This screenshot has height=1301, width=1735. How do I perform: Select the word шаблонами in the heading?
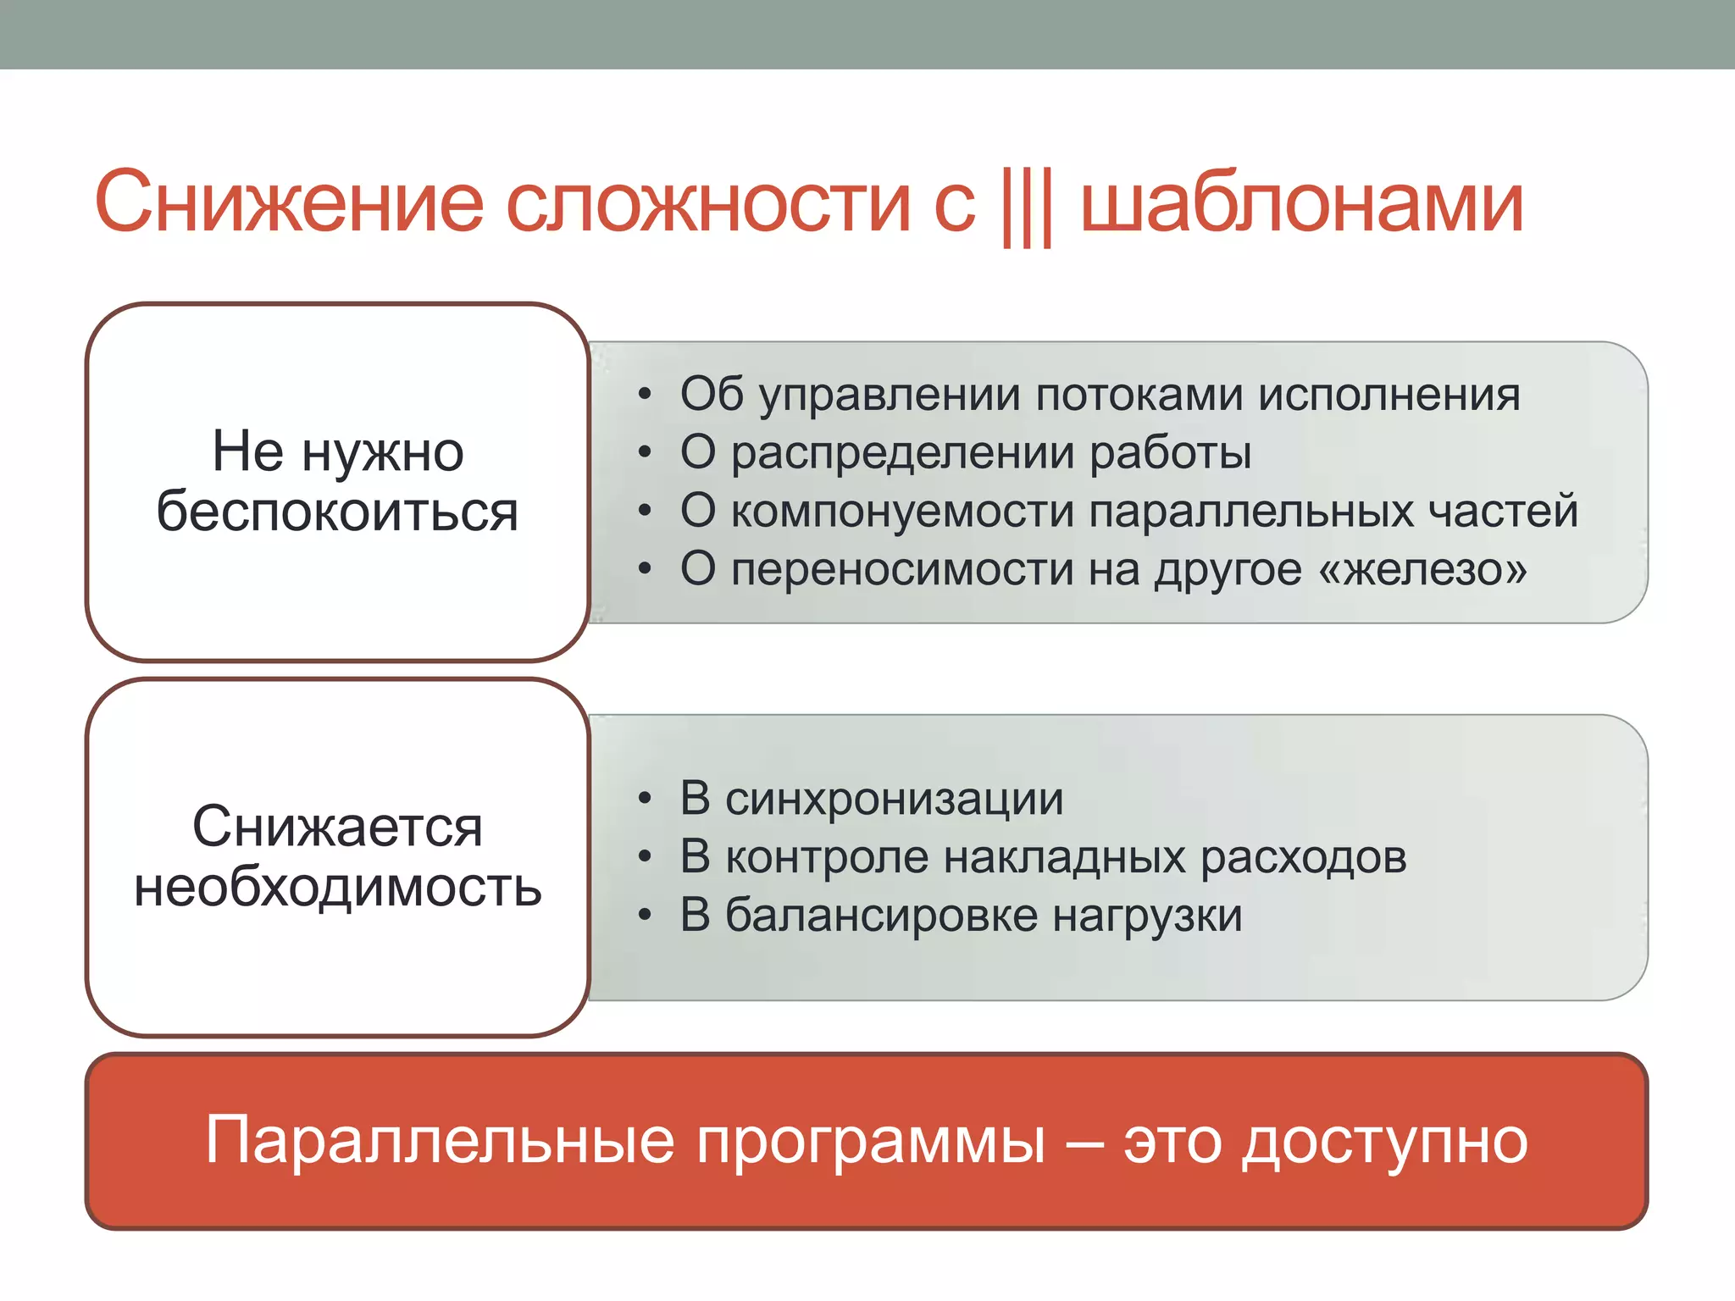click(x=1302, y=203)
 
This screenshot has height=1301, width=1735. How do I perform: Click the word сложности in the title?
click(x=707, y=203)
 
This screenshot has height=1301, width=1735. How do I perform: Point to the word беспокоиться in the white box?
click(x=337, y=512)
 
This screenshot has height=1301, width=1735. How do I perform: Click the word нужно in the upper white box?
click(x=383, y=451)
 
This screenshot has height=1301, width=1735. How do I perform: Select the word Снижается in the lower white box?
click(x=337, y=827)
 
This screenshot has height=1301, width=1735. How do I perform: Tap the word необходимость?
click(x=337, y=889)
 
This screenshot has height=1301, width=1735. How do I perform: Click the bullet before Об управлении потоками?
click(x=646, y=396)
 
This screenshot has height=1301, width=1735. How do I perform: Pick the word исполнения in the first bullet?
click(x=1389, y=395)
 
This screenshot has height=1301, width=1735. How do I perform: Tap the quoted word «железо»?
click(x=1423, y=568)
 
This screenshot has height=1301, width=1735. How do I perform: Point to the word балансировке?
click(x=881, y=915)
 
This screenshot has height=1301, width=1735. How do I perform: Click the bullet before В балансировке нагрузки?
click(x=646, y=916)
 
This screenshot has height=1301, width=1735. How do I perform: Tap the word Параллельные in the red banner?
click(x=440, y=1141)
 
